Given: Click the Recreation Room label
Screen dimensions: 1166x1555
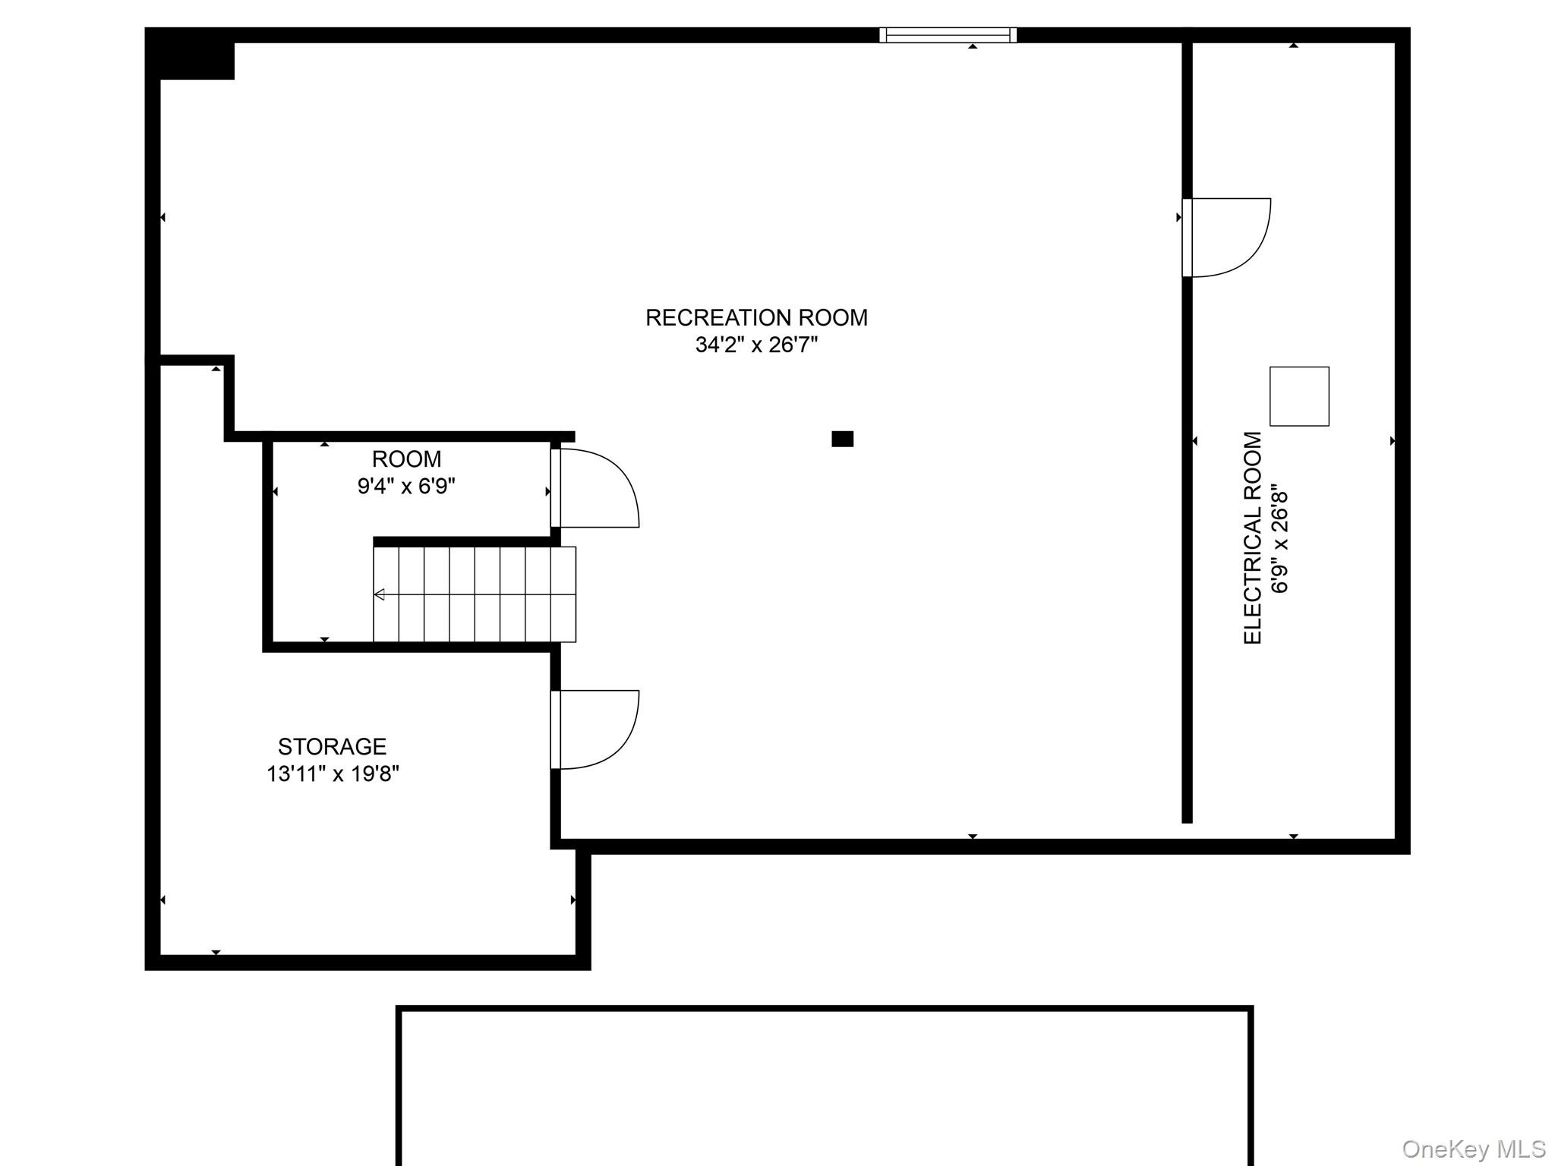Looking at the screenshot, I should (756, 317).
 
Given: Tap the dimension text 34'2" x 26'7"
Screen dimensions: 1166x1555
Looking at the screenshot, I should (756, 345).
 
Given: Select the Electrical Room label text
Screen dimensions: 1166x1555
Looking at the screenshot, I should (1253, 538).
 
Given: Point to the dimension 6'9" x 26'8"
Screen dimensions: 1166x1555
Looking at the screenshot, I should (1280, 538).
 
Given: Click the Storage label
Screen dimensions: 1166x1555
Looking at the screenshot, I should (332, 747).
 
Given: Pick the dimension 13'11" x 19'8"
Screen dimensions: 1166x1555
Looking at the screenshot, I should (333, 774).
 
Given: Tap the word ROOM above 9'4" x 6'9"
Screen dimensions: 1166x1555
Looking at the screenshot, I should (406, 459).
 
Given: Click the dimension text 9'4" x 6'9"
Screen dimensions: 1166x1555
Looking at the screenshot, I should (406, 487).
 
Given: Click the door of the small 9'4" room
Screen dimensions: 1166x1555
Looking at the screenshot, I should (594, 488).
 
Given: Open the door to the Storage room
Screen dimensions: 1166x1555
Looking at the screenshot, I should (594, 730).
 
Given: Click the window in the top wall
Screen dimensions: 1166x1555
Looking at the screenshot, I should (948, 35).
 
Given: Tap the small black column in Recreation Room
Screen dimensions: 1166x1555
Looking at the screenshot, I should (842, 439).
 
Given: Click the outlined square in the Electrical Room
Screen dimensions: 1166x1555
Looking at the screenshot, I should (1299, 396).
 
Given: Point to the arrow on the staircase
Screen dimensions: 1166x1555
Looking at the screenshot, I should (380, 594).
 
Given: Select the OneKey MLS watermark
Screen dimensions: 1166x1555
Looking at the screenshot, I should (1474, 1149).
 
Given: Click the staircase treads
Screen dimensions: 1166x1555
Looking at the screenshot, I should (475, 594).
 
